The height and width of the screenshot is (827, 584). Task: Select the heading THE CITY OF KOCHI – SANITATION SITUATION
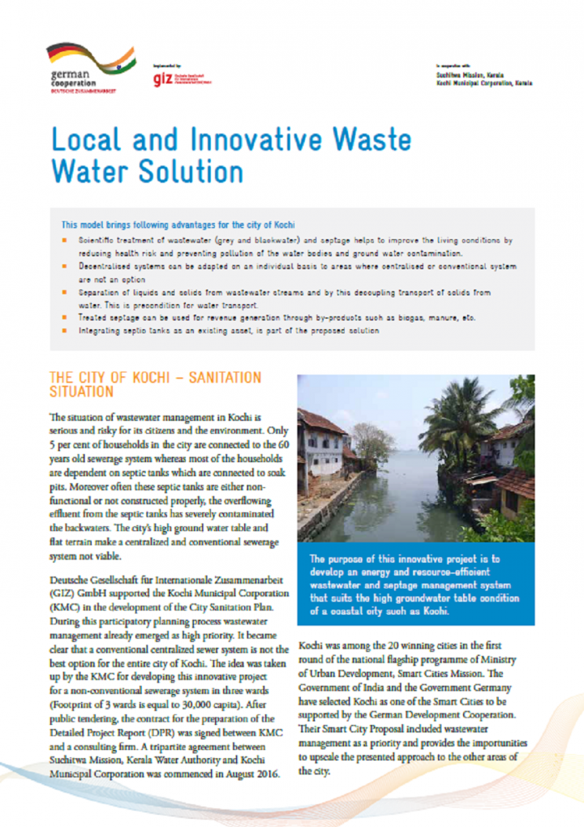coord(155,384)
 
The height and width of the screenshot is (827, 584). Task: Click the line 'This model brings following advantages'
coord(177,224)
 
